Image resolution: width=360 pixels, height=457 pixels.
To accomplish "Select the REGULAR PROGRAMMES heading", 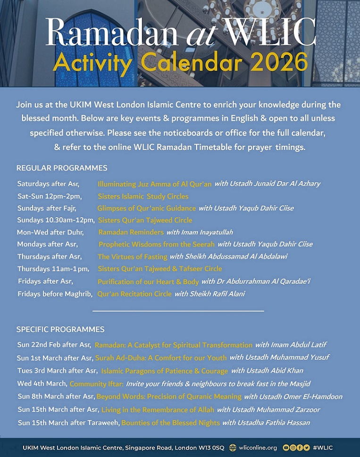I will (62, 168).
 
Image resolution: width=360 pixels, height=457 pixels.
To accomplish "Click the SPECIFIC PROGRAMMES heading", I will (60, 329).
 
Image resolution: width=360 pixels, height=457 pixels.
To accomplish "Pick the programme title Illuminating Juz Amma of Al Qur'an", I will (154, 184).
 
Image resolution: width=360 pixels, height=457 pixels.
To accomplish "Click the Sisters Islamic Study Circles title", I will (143, 196).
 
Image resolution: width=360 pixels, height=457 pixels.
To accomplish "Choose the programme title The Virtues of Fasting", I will (132, 257).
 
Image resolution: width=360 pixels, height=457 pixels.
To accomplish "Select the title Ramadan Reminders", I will (131, 232).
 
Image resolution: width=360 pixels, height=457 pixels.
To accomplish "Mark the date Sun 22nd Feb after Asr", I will (54, 345).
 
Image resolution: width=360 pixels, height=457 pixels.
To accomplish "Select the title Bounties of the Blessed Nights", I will (170, 423).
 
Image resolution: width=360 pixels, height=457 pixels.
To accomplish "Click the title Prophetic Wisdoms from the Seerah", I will (156, 245).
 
